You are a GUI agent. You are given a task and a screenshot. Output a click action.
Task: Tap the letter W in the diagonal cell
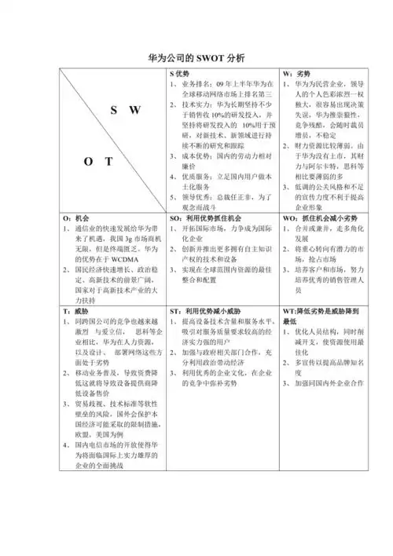pyautogui.click(x=135, y=111)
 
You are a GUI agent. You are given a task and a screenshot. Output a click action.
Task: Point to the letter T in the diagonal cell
pyautogui.click(x=109, y=163)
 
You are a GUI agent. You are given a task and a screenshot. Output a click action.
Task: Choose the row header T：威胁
pyautogui.click(x=77, y=312)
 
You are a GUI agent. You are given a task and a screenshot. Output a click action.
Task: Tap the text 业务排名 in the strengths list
pyautogui.click(x=195, y=84)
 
